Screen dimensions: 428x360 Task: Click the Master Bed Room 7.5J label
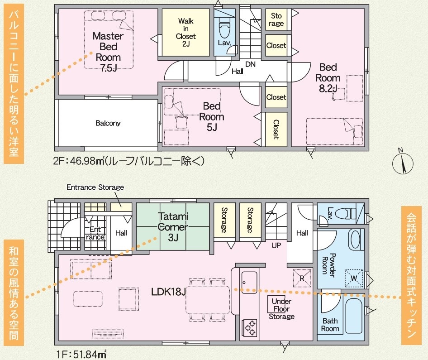point(109,52)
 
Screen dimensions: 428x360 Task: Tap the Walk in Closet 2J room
point(185,32)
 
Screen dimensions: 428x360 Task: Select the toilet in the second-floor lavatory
point(224,27)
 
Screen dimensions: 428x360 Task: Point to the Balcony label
point(108,123)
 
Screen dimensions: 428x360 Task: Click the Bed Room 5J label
point(212,117)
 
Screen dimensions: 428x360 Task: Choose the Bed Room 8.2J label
point(328,78)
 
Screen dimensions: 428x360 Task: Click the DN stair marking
point(250,64)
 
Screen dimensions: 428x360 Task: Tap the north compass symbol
point(403,162)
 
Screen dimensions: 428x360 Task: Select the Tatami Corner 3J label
point(173,227)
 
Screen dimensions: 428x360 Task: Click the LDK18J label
point(168,292)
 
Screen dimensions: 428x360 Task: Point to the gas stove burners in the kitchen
point(249,327)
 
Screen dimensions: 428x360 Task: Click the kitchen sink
point(249,282)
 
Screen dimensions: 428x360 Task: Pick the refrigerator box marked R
point(302,278)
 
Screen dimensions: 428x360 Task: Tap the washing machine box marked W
point(354,278)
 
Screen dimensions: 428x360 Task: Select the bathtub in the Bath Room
point(354,316)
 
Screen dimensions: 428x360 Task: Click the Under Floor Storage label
point(281,309)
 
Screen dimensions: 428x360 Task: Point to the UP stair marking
point(276,245)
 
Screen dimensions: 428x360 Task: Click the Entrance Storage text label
point(95,187)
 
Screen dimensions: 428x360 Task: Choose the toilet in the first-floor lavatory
point(346,213)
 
